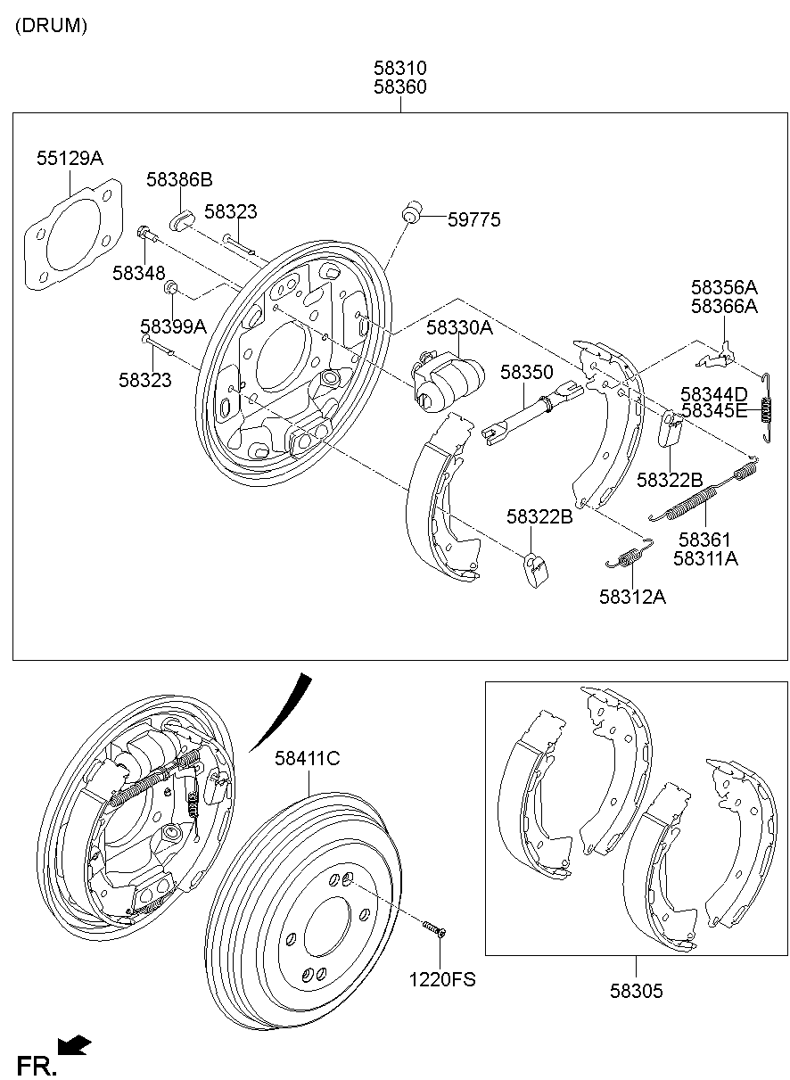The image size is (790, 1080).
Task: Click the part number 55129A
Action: (70, 159)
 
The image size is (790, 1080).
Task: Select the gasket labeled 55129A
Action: (70, 233)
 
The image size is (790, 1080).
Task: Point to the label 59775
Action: (473, 219)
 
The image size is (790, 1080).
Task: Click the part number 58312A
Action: (632, 597)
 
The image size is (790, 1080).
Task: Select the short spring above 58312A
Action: (629, 556)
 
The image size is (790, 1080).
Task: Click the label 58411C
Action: (308, 759)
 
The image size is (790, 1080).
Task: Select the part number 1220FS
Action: (442, 979)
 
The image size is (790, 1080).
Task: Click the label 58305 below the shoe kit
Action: (637, 991)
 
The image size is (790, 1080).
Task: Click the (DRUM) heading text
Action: (51, 26)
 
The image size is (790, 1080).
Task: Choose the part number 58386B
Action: (179, 180)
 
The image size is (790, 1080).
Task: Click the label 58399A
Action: (173, 326)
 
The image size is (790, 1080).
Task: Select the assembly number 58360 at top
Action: (399, 87)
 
